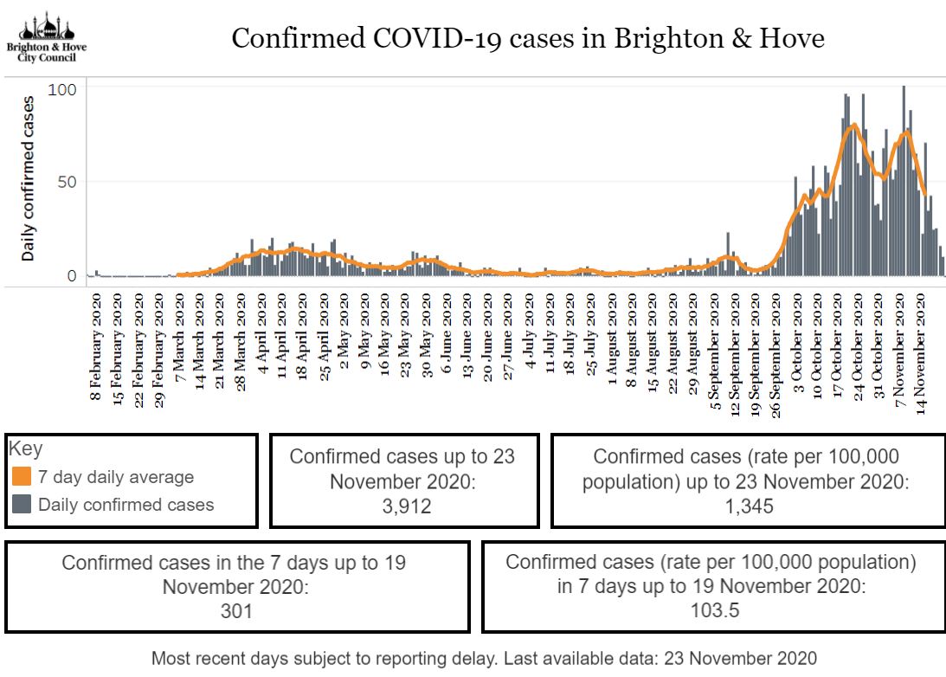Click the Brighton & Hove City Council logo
(x=46, y=37)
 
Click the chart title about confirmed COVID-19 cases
(x=527, y=39)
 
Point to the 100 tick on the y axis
(x=68, y=89)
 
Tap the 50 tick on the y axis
(x=68, y=182)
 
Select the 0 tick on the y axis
(x=72, y=276)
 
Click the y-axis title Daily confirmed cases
(x=29, y=178)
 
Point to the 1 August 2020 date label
(x=611, y=348)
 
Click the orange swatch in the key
(x=22, y=477)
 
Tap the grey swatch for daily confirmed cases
(x=22, y=505)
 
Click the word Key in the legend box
(x=25, y=450)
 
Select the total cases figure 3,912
(x=402, y=506)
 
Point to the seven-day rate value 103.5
(x=711, y=611)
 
